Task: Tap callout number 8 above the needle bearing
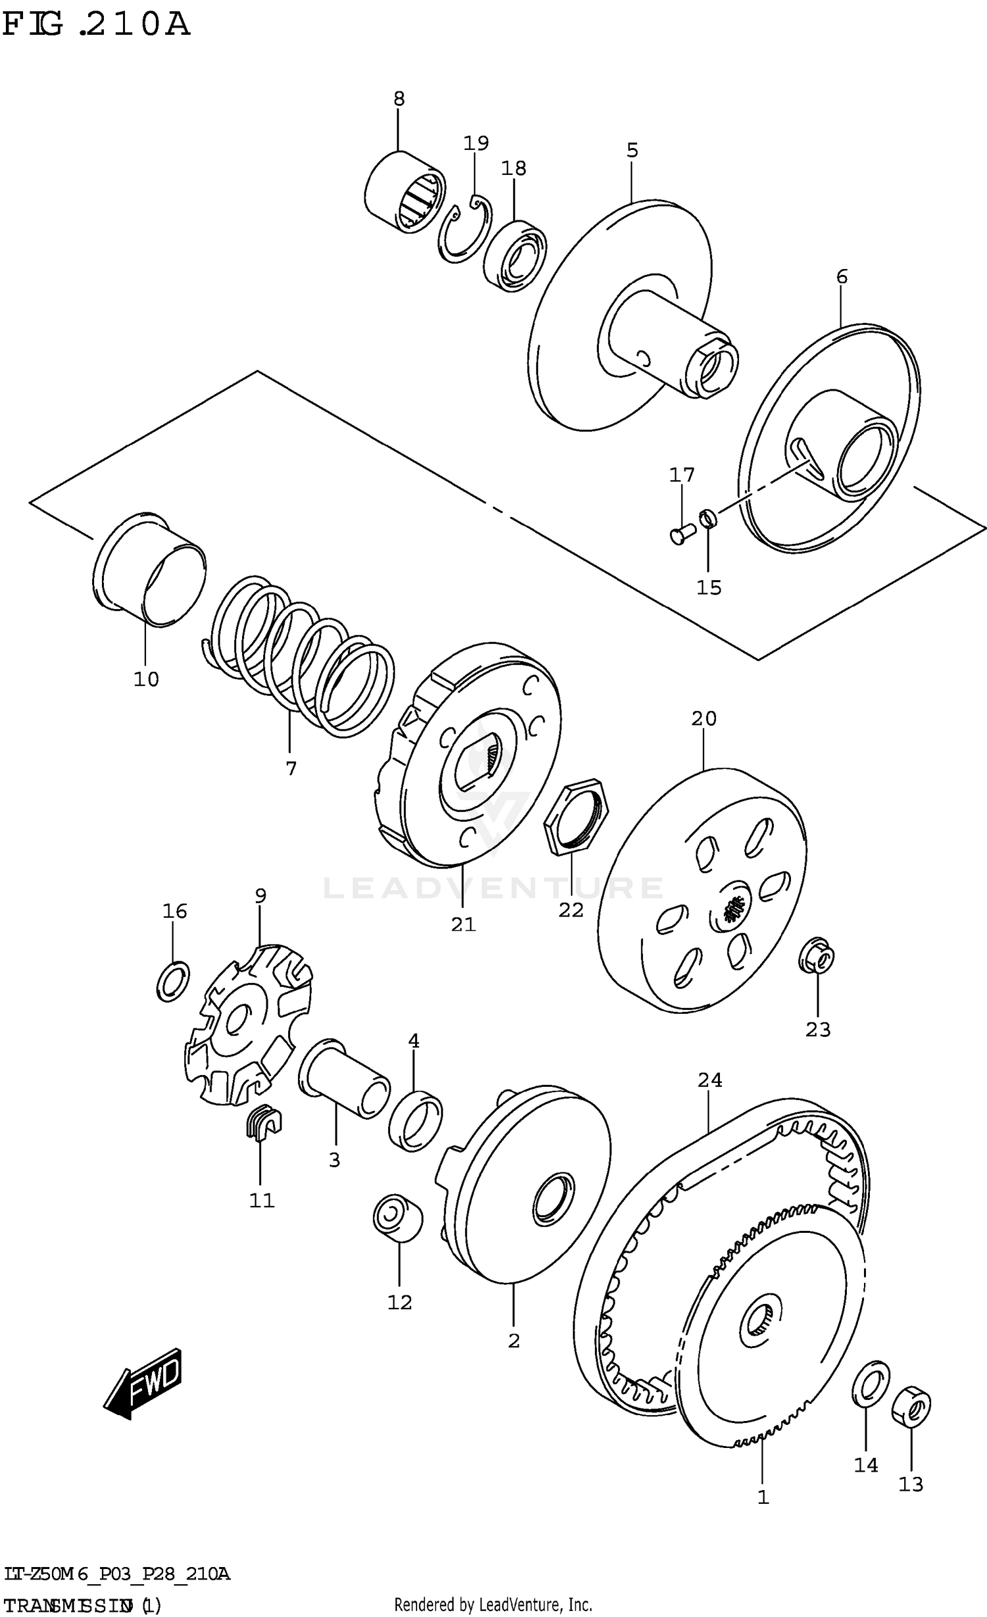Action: point(399,99)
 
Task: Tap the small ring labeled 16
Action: point(174,981)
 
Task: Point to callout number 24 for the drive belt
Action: point(710,1080)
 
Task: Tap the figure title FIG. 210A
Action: point(96,24)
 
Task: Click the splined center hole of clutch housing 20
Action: point(732,911)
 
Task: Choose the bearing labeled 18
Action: point(515,255)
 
